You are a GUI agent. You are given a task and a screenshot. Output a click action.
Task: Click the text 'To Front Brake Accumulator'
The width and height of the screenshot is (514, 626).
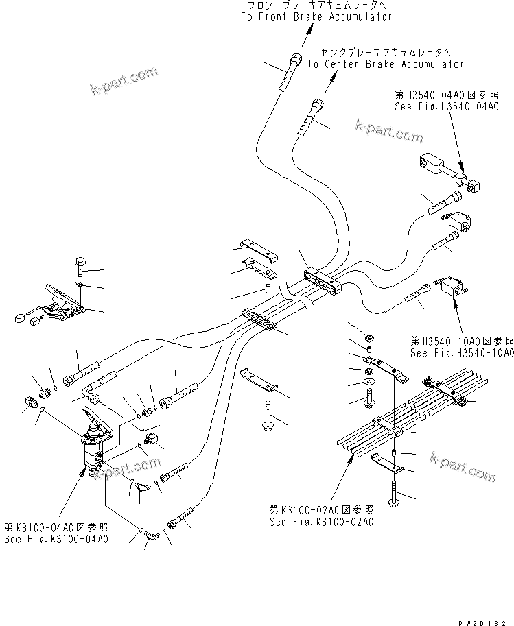[316, 16]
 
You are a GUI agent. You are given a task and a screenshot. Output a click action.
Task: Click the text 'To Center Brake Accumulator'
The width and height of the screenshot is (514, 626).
[385, 64]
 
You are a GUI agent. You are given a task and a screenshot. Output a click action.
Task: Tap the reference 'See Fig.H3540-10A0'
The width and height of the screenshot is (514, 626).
[461, 353]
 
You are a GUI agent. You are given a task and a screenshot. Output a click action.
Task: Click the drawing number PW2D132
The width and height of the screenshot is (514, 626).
[484, 618]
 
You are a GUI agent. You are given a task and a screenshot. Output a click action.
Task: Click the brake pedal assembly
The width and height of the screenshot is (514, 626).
[61, 302]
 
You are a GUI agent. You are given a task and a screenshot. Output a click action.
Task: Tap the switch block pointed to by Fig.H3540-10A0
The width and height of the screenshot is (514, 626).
[447, 287]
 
